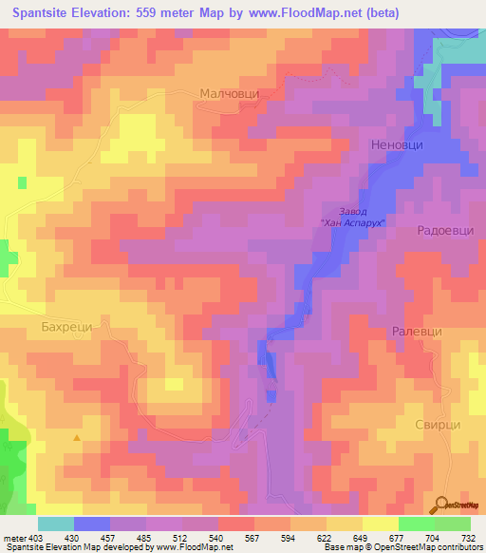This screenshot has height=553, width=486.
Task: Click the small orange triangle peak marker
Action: click(x=77, y=437)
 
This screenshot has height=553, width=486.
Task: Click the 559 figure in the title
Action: click(x=166, y=13)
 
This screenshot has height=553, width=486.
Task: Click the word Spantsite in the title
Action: click(x=47, y=13)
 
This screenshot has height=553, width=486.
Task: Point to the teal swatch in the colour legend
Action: click(x=55, y=524)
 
